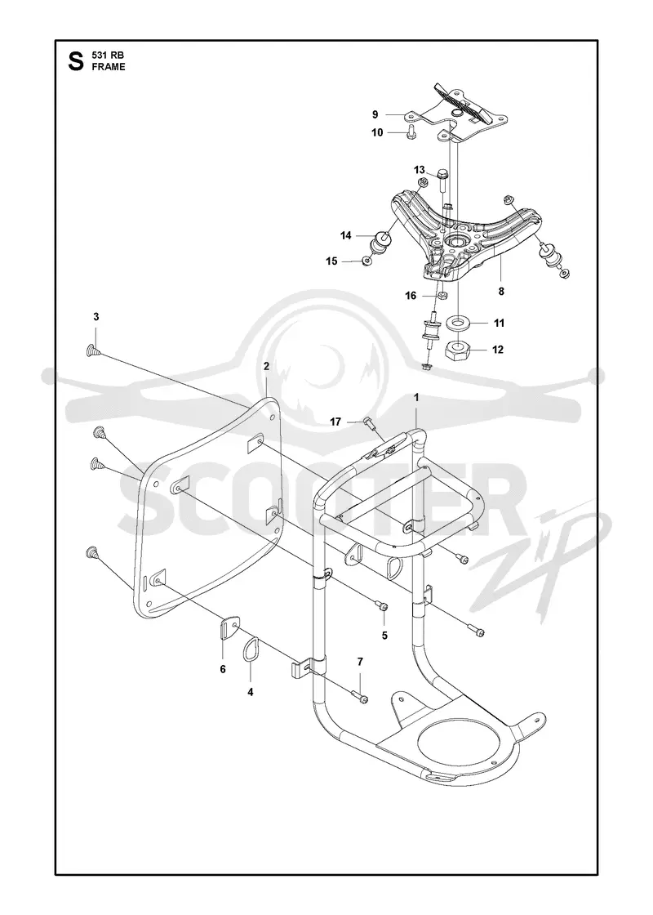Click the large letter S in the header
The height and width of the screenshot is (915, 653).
[x=76, y=61]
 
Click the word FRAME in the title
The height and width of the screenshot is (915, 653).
[x=109, y=67]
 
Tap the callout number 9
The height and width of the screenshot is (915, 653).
[x=375, y=114]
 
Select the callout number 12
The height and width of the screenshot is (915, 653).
[x=497, y=350]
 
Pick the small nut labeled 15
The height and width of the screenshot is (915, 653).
[x=366, y=261]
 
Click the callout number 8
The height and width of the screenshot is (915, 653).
[x=501, y=291]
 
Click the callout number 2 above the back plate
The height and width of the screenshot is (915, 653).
[x=266, y=367]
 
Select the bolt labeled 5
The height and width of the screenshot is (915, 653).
[x=382, y=608]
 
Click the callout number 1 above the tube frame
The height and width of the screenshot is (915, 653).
[x=416, y=397]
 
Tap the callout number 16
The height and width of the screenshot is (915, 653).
[x=411, y=296]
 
